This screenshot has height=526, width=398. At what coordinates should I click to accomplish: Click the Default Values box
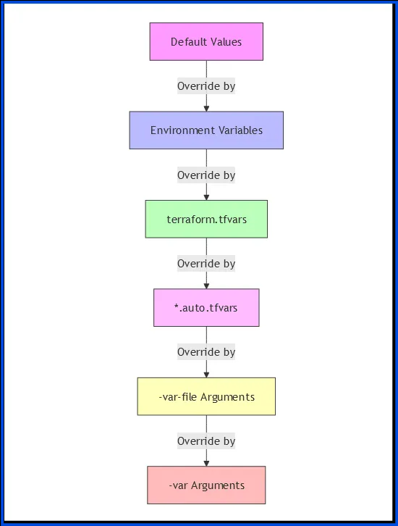coord(206,41)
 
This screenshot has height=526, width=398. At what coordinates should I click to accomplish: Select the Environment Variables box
coord(206,130)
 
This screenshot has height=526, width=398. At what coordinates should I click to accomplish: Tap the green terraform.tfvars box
coord(206,219)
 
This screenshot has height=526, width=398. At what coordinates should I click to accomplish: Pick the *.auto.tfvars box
coord(206,308)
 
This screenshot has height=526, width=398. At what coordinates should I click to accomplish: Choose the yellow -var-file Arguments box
coord(206,396)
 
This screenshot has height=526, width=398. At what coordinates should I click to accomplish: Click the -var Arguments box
coord(206,485)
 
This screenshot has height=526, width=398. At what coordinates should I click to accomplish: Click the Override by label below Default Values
coord(206,86)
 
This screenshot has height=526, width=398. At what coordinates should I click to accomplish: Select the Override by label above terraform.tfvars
coord(206,175)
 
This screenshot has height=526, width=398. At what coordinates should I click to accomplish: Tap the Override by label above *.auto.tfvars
coord(206,264)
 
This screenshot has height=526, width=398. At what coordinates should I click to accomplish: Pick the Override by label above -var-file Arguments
coord(206,352)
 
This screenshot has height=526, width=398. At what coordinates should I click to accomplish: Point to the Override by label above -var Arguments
coord(206,441)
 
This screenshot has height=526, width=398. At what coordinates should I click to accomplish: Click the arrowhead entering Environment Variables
coord(206,109)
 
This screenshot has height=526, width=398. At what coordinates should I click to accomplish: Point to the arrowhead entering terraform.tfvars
coord(206,197)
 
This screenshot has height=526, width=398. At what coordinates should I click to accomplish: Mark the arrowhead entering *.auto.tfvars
coord(206,285)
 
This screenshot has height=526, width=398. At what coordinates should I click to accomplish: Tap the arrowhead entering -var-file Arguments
coord(206,375)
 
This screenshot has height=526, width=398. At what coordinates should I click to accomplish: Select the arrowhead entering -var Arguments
coord(206,463)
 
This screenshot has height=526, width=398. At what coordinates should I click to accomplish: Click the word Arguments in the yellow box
coord(227,398)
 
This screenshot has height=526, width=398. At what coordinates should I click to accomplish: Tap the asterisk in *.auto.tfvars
coord(177,306)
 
